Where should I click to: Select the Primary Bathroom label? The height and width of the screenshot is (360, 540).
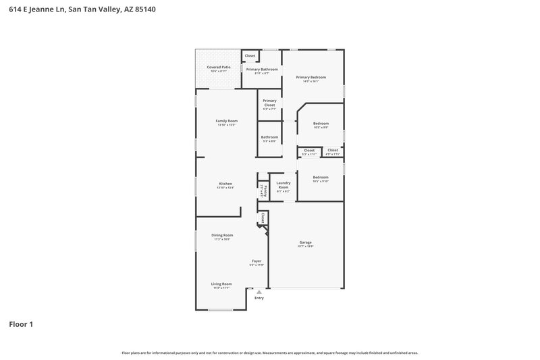(x=262, y=70)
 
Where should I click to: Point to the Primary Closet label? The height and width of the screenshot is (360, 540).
(x=269, y=103)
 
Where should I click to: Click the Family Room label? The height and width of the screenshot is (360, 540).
(x=226, y=121)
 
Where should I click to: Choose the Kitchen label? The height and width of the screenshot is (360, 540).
(x=225, y=184)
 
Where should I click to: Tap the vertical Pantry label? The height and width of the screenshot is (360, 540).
(x=265, y=190)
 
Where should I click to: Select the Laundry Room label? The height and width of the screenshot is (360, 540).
(x=283, y=184)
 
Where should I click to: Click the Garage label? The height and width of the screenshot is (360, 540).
(x=305, y=242)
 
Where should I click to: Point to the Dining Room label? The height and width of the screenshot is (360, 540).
(x=223, y=235)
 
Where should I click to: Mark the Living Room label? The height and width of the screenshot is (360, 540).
(x=221, y=284)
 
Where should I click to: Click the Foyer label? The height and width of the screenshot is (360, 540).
(x=256, y=261)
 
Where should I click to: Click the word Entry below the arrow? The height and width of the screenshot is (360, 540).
(x=259, y=298)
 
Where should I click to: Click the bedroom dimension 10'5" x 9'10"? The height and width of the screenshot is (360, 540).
(x=321, y=182)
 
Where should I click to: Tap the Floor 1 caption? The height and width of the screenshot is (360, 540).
(x=21, y=324)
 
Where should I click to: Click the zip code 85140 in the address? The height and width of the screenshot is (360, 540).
(x=146, y=9)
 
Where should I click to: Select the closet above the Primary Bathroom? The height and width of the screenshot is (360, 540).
(x=250, y=55)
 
